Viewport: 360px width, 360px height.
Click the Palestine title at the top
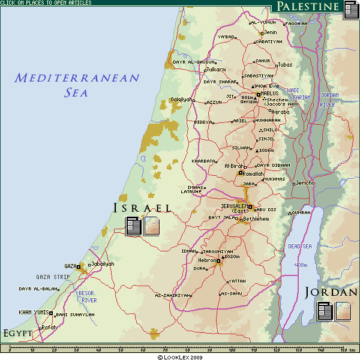[x=308, y=7]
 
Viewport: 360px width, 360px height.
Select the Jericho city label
[x=305, y=183]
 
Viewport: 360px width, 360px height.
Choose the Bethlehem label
[x=256, y=219]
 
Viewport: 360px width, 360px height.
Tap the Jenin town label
[x=271, y=32]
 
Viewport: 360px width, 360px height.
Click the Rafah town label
[x=49, y=327]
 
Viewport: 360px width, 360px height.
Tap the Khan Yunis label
[x=33, y=312]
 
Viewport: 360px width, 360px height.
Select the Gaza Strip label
[x=53, y=277]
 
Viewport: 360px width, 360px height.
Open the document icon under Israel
[x=134, y=226]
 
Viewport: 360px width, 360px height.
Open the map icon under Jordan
[x=343, y=310]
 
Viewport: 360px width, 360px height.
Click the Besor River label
[x=88, y=296]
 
